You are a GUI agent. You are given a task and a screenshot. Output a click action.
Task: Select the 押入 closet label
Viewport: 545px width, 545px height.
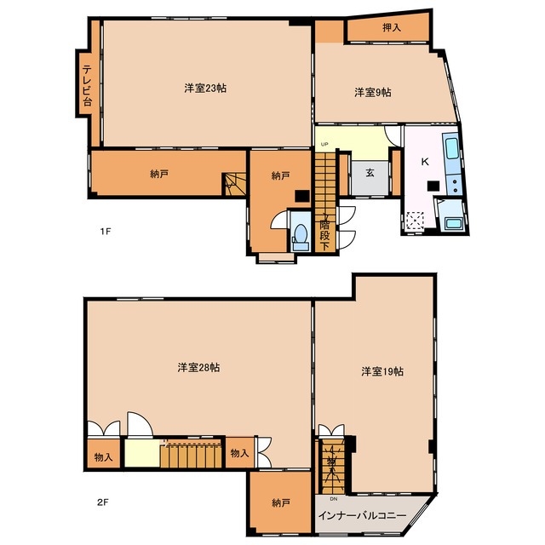click(391, 28)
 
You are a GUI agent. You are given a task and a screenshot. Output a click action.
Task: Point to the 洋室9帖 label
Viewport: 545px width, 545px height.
click(372, 92)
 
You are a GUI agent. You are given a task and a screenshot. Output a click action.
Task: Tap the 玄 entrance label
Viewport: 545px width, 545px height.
click(371, 173)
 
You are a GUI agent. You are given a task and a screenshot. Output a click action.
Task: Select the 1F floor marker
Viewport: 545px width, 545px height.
click(105, 231)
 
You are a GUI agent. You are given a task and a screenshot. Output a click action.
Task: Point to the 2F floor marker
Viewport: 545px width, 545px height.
click(103, 502)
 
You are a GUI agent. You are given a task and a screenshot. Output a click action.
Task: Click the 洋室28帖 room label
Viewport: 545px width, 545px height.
click(198, 367)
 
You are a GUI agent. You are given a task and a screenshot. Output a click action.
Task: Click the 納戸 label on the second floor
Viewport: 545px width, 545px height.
click(281, 503)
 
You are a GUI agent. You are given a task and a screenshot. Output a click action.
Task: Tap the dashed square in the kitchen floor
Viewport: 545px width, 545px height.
click(415, 221)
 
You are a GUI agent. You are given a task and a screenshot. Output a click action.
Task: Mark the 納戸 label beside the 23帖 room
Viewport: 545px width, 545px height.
click(159, 175)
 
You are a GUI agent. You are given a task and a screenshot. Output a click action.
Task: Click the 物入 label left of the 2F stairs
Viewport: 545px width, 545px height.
click(103, 457)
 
